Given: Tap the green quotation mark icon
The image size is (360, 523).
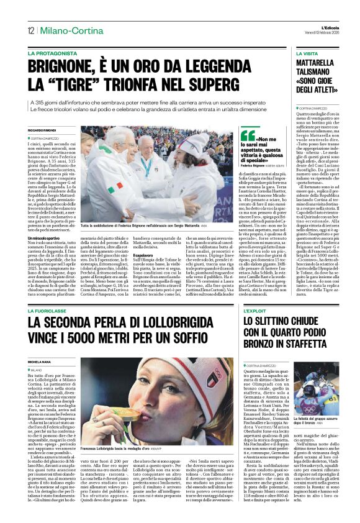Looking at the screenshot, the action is coord(248,135).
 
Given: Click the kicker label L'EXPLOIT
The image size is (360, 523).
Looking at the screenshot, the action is coord(255,311).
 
